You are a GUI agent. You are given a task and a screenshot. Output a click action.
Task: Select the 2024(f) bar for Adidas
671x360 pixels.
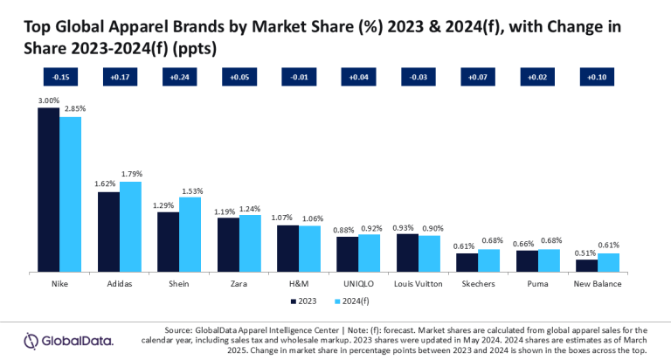(130, 227)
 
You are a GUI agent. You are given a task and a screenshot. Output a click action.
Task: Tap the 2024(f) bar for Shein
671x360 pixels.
(190, 235)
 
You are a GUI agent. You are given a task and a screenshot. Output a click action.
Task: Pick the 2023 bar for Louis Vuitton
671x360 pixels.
(407, 253)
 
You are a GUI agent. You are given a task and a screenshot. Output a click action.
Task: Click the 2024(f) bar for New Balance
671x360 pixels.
(608, 263)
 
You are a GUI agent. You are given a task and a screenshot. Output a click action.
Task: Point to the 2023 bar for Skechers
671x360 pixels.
(467, 263)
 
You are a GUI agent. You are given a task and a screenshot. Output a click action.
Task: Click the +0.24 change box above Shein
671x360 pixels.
(179, 78)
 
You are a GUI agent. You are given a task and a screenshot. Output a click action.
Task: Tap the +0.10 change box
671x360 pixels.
(597, 78)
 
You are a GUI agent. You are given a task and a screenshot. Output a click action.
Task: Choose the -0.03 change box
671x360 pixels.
(418, 78)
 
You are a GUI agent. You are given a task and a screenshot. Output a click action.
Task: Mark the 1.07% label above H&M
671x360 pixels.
(287, 218)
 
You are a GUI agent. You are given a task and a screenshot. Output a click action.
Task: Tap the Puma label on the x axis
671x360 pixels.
(537, 284)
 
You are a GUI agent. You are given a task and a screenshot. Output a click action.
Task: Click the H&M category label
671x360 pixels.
(298, 284)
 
